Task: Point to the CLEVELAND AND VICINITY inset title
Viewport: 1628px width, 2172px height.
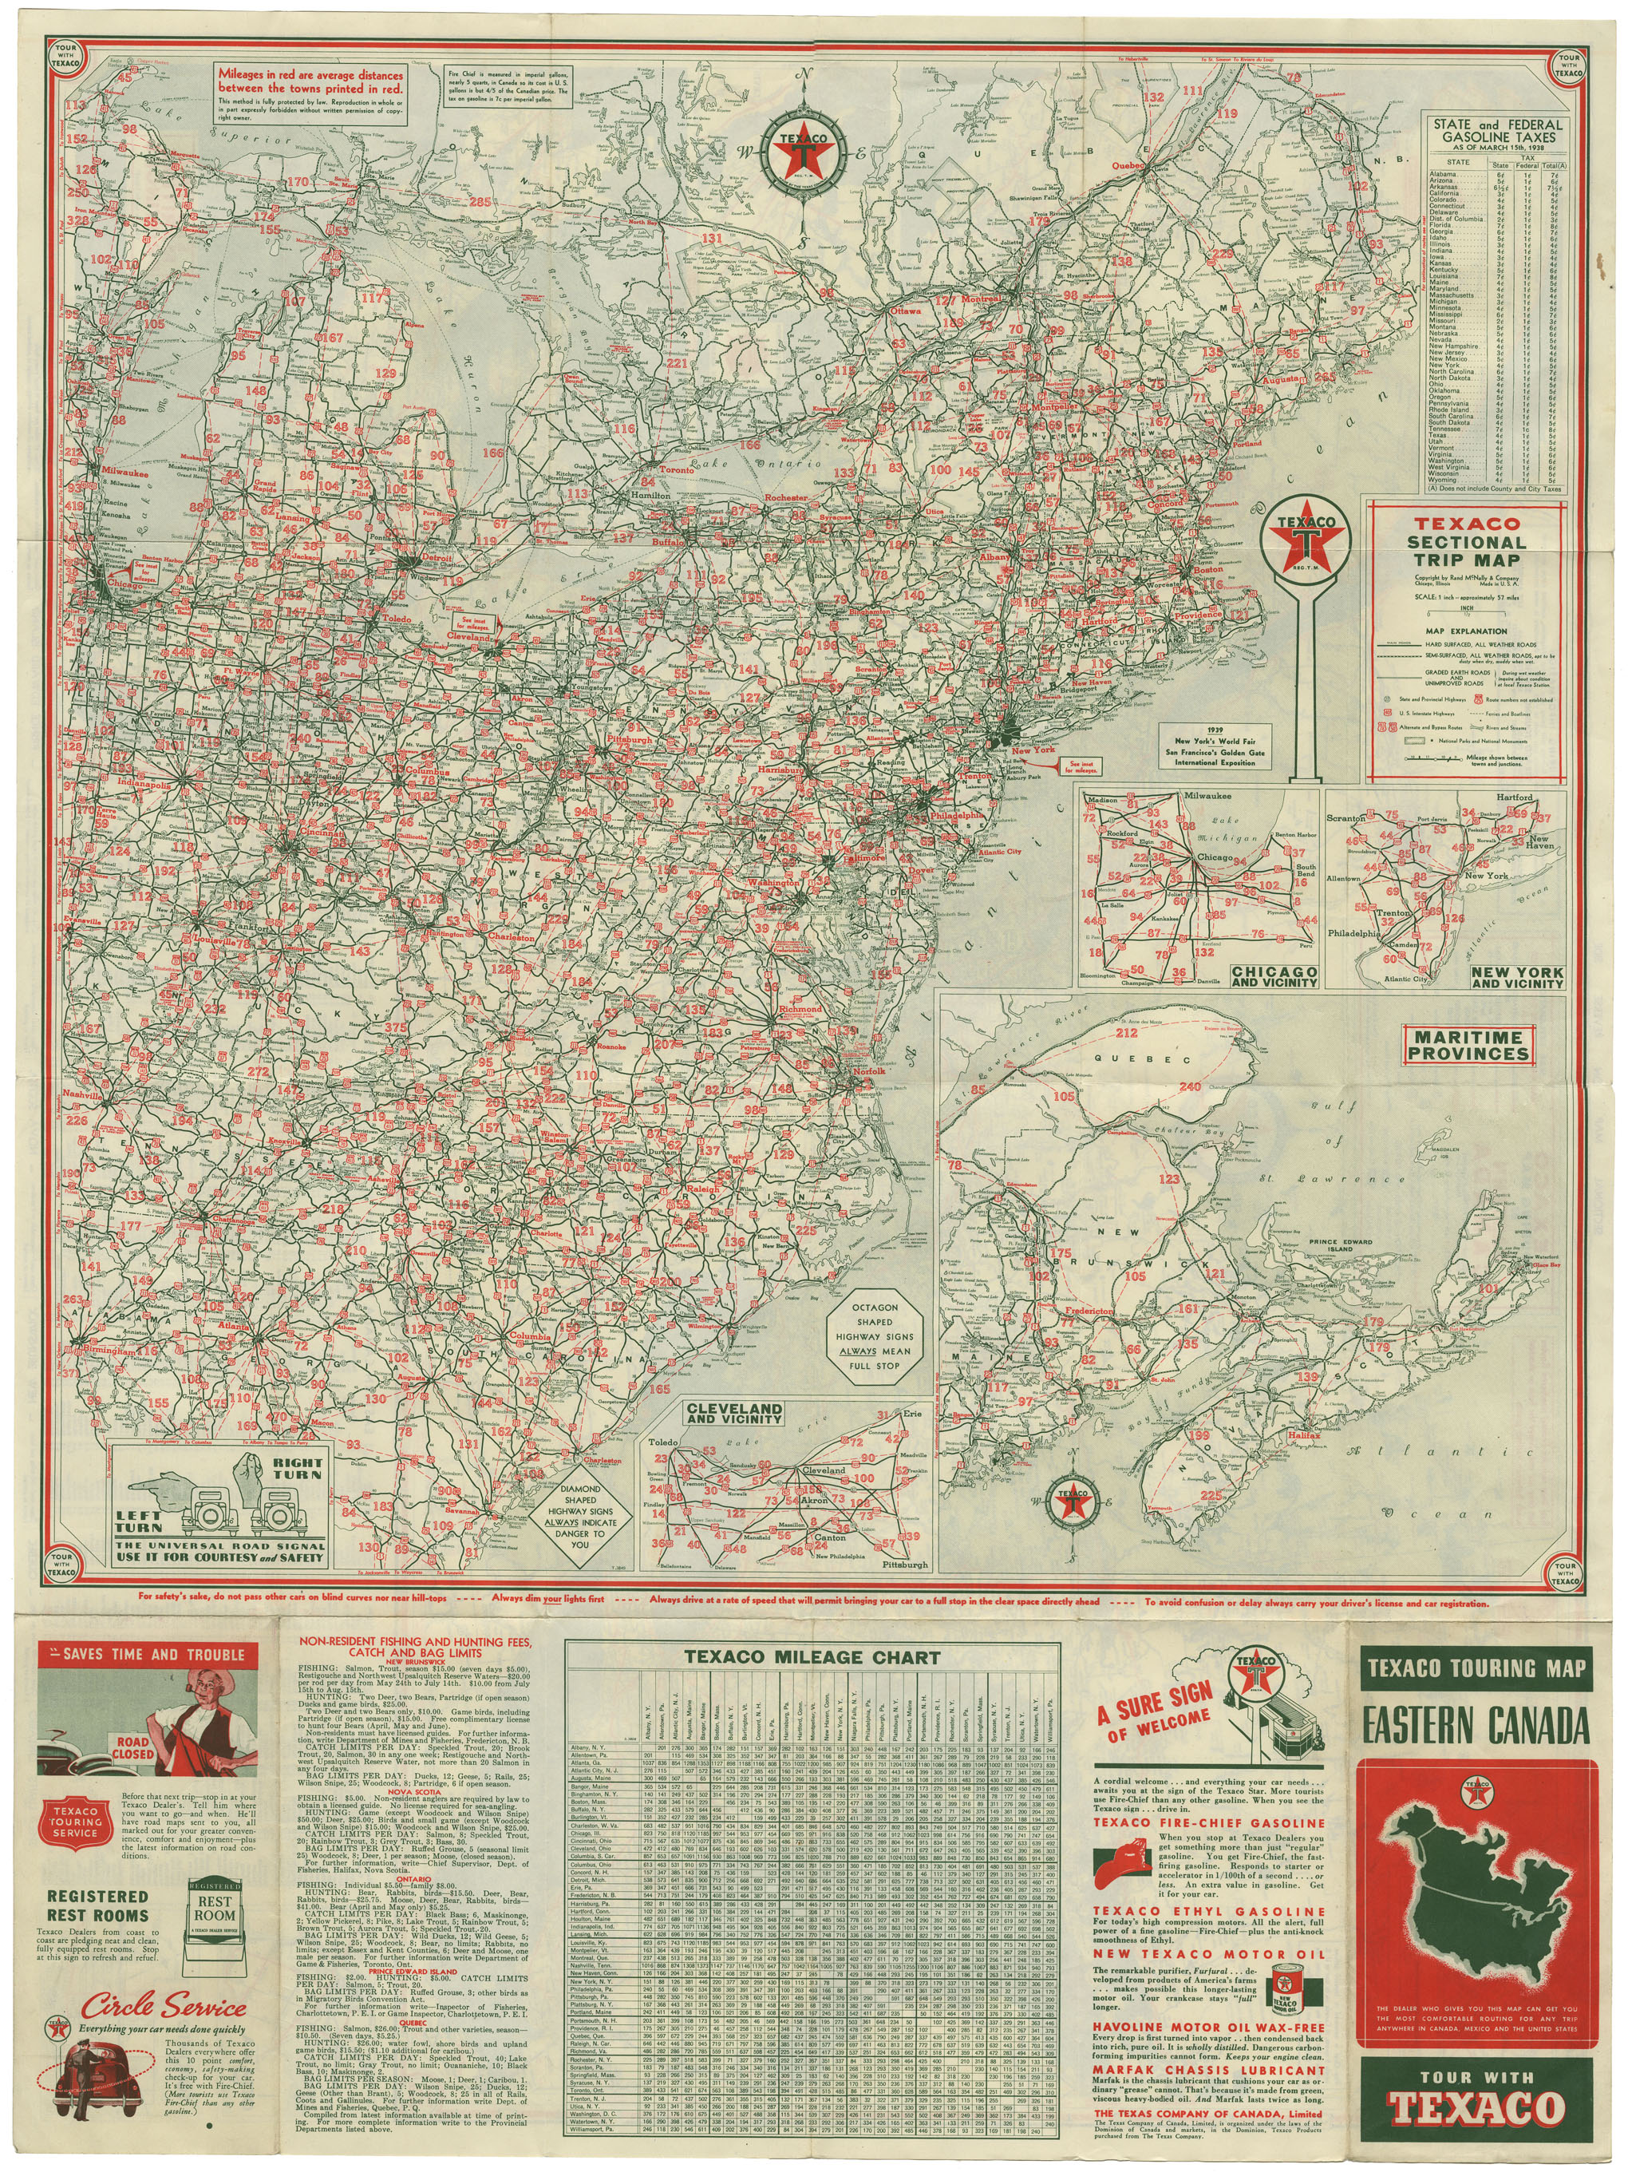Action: click(734, 1412)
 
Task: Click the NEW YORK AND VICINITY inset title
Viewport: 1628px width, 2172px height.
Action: click(1517, 976)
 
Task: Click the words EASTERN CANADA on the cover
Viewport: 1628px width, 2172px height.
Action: click(1474, 1724)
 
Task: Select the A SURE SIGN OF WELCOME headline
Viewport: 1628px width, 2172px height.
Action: click(1155, 1710)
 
